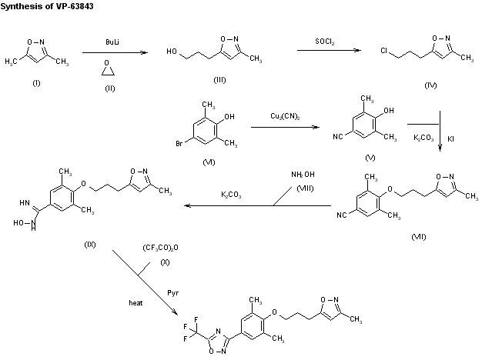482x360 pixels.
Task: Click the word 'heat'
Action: click(136, 303)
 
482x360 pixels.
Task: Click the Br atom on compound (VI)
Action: click(180, 142)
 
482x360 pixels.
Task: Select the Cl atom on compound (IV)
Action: click(383, 52)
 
